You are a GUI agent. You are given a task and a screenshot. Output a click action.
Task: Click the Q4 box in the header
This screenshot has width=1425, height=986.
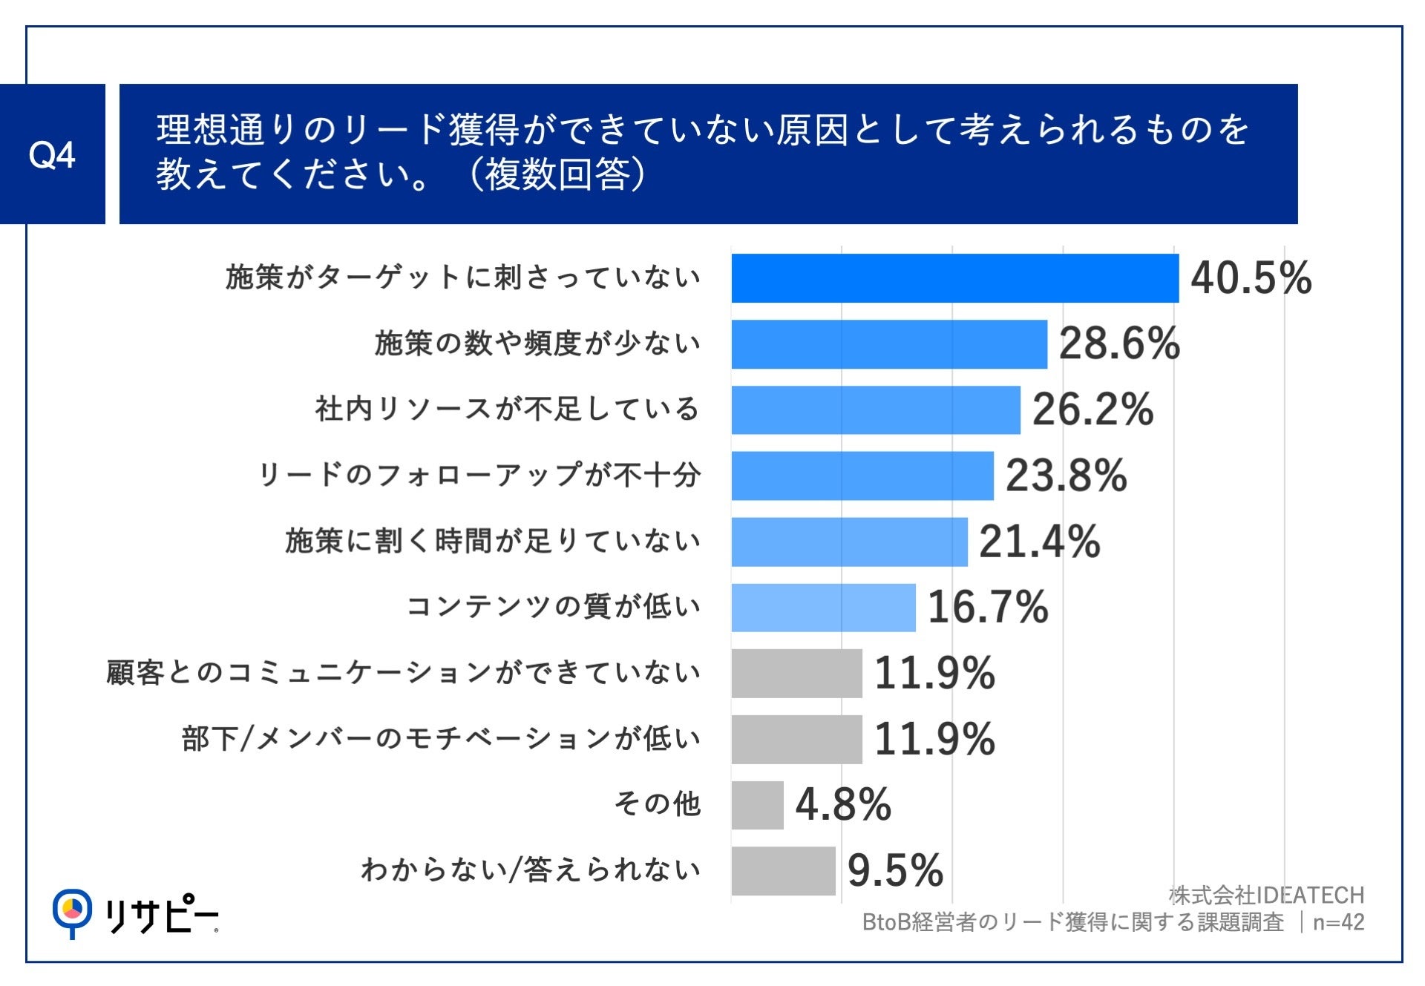coord(52,154)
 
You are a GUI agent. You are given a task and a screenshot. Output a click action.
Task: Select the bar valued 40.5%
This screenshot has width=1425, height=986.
coord(954,278)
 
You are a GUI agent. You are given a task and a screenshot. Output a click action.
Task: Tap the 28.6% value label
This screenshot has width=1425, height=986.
coord(1118,344)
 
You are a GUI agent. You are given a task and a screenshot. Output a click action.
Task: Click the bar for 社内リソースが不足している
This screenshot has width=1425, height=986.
coord(876,410)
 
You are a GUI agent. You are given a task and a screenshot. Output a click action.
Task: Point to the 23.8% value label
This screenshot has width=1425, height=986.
coord(1066,476)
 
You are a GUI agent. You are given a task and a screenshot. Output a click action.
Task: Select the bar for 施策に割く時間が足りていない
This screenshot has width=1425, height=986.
coord(849,542)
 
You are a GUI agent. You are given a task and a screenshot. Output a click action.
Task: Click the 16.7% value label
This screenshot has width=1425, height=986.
coord(987,607)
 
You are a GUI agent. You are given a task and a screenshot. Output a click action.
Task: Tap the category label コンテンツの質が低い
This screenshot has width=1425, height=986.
coord(553,607)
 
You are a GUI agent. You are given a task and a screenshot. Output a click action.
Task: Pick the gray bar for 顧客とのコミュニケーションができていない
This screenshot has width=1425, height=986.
coord(796,673)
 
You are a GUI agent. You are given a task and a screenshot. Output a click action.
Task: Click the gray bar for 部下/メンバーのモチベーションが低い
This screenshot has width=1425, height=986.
coord(796,739)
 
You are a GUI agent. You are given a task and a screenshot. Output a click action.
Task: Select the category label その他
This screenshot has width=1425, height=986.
coord(657,803)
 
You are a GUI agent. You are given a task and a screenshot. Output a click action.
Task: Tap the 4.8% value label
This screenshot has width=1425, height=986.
coord(842,805)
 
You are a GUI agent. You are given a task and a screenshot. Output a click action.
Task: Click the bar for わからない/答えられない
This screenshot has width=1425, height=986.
coord(783,870)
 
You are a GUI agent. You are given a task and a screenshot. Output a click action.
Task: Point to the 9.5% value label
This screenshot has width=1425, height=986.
coord(894,870)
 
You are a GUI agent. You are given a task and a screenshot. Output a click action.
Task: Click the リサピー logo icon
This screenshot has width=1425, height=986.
coord(72,911)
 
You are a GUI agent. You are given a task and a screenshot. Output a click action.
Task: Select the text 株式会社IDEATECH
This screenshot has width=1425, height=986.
coord(1266,895)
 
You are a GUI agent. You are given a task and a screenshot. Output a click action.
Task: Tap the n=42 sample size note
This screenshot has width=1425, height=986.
coord(1338,922)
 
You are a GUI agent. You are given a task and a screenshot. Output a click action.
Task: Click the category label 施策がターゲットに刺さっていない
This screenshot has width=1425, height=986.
coord(463,277)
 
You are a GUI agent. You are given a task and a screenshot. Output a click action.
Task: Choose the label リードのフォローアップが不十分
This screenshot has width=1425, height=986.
coord(479,475)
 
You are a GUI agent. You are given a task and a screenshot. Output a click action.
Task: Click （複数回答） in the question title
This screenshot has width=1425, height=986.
coord(557,175)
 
